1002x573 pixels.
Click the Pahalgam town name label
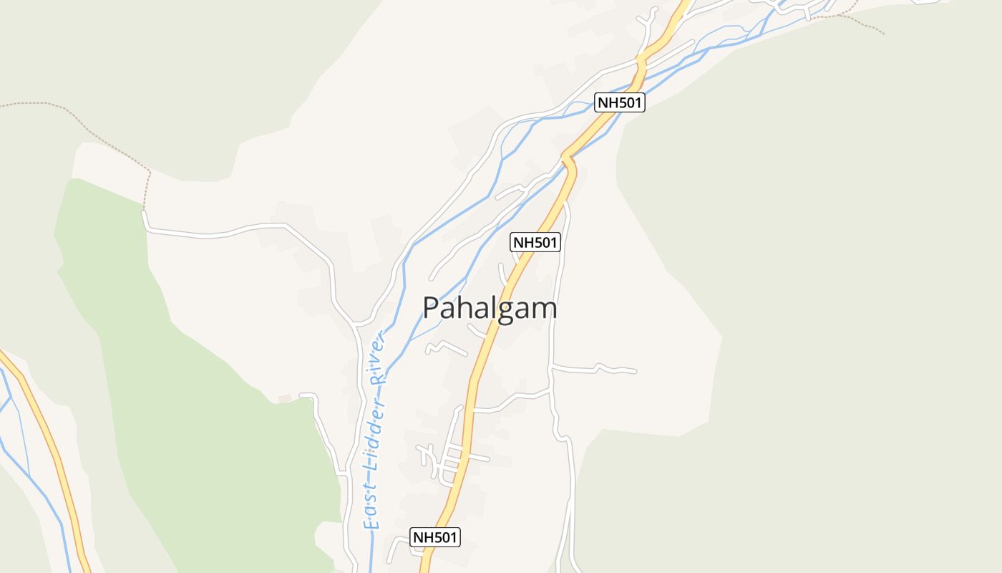point(490,308)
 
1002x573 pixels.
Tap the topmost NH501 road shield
point(620,102)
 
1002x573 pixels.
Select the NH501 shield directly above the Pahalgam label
point(535,243)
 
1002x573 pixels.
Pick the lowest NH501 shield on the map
point(435,537)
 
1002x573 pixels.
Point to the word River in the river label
point(378,358)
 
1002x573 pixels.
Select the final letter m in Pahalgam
point(544,309)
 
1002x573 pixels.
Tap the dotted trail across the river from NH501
point(859,20)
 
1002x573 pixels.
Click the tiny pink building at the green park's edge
point(285,398)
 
